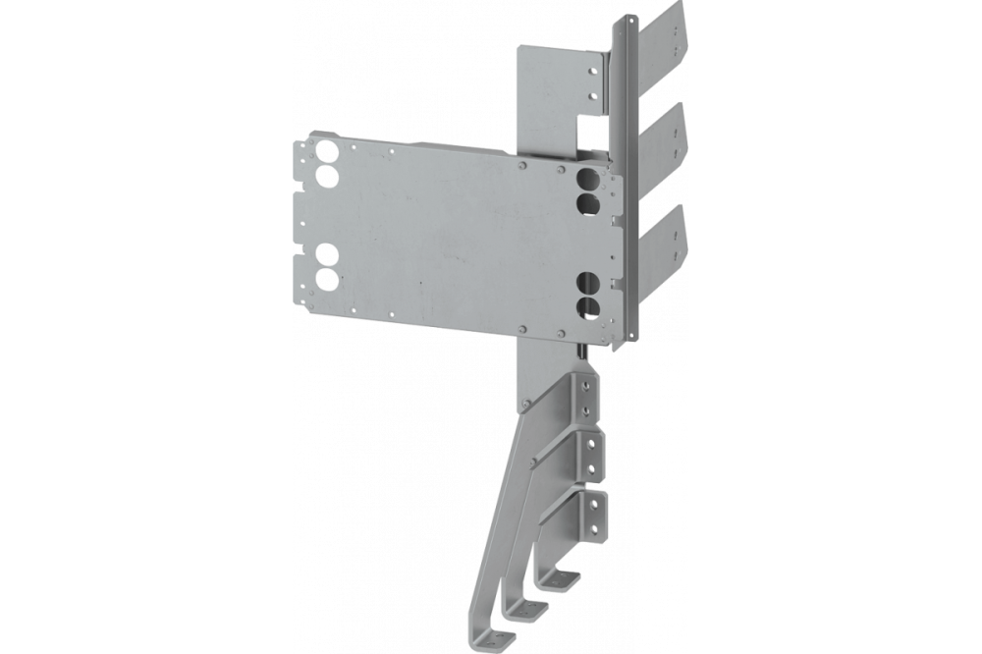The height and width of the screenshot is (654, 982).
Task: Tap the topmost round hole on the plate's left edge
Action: pyautogui.click(x=326, y=154)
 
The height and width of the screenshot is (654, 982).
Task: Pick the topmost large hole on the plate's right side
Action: pyautogui.click(x=587, y=180)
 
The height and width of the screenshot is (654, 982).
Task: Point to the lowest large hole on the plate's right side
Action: pyautogui.click(x=587, y=305)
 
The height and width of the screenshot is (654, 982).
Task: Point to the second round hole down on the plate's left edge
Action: pyautogui.click(x=326, y=179)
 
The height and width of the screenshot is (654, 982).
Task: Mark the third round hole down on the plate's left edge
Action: pyautogui.click(x=326, y=256)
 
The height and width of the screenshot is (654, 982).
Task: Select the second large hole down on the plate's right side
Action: pyautogui.click(x=587, y=203)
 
